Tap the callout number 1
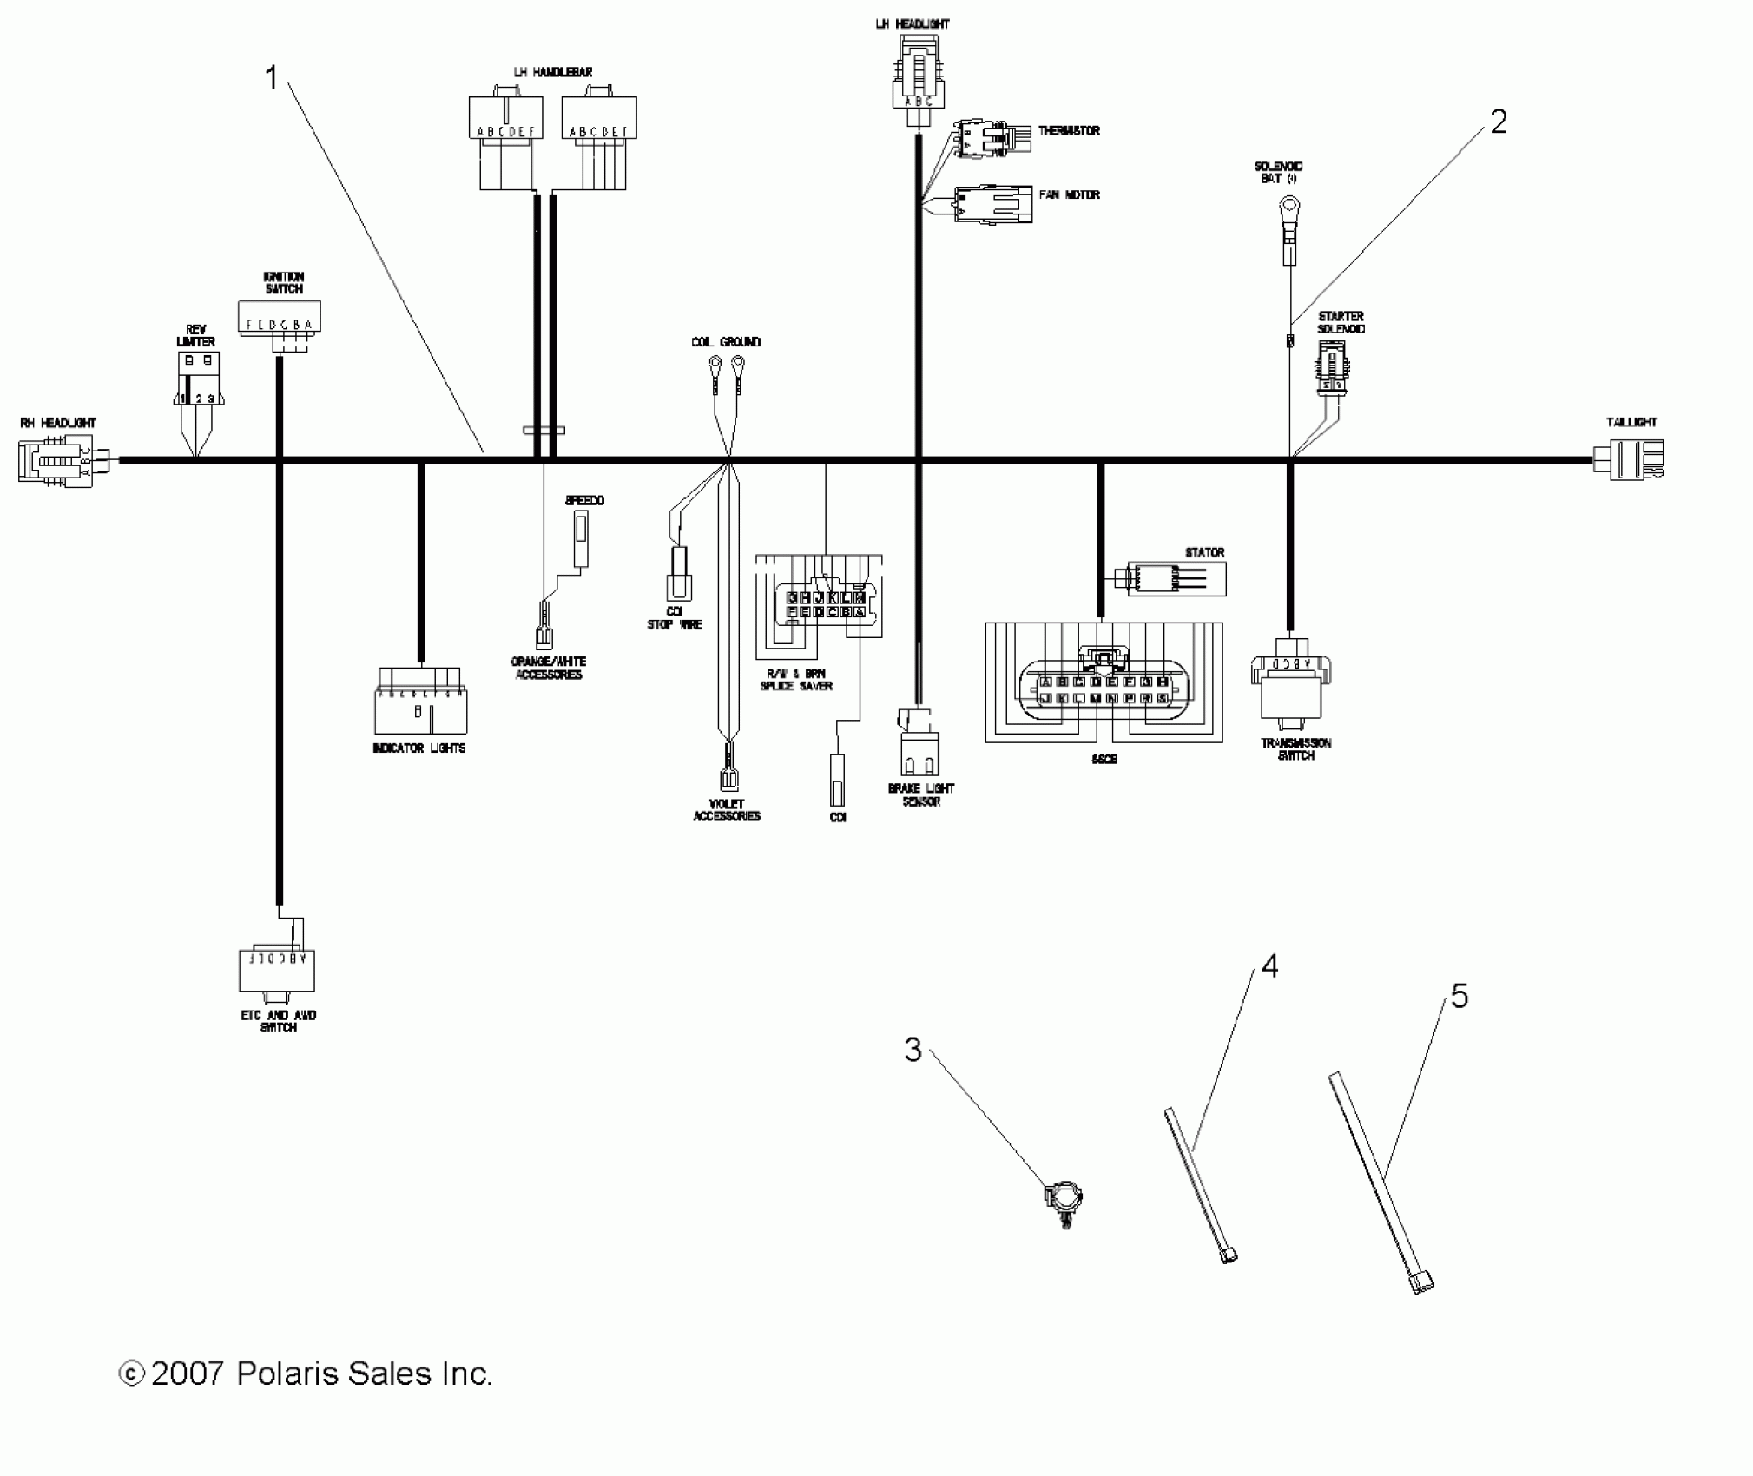(272, 78)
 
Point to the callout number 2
(1499, 122)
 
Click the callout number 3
(913, 1050)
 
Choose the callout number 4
(1269, 965)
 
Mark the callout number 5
(1460, 996)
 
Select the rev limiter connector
(198, 379)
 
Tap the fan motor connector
(992, 204)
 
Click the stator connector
(1176, 578)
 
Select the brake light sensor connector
(919, 745)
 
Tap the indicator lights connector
(420, 701)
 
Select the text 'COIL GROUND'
(726, 342)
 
